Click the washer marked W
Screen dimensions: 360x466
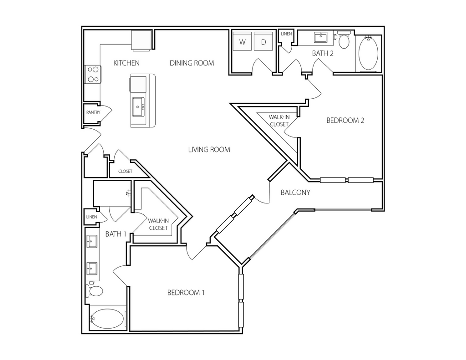[243, 42]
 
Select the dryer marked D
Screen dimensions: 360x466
[263, 42]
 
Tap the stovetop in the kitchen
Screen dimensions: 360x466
[93, 74]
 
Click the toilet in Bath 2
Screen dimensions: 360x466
[344, 41]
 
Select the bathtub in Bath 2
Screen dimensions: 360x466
[369, 53]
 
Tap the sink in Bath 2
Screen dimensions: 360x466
[321, 37]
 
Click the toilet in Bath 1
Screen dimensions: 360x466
[95, 291]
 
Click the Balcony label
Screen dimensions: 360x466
[295, 193]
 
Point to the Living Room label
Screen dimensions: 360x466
[209, 149]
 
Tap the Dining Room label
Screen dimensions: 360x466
[192, 63]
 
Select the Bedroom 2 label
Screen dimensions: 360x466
[345, 121]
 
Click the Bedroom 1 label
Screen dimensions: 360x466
[186, 293]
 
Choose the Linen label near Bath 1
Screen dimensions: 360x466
[91, 217]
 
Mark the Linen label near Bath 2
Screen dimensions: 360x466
[286, 34]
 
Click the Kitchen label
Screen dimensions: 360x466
[127, 63]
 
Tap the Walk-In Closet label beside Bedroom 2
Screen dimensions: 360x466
[279, 121]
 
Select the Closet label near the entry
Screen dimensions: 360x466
[125, 172]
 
